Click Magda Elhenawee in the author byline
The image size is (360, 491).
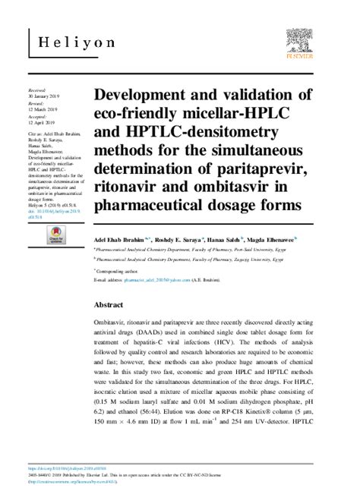[x=270, y=238]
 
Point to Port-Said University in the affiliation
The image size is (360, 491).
[x=242, y=248]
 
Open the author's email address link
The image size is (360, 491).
[x=157, y=279]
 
